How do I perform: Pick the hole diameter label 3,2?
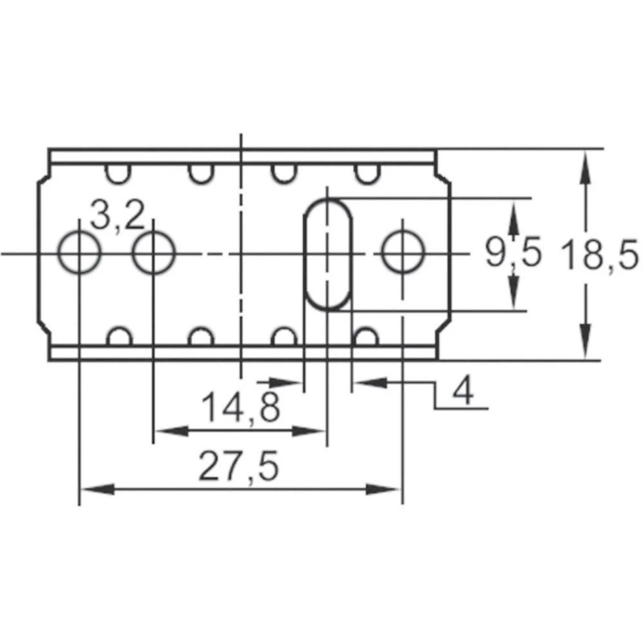(x=117, y=216)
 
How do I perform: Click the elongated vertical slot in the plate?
(x=328, y=254)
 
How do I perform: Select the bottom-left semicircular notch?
(x=118, y=337)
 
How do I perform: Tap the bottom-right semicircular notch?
(x=365, y=337)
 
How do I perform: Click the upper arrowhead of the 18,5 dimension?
(x=585, y=165)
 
